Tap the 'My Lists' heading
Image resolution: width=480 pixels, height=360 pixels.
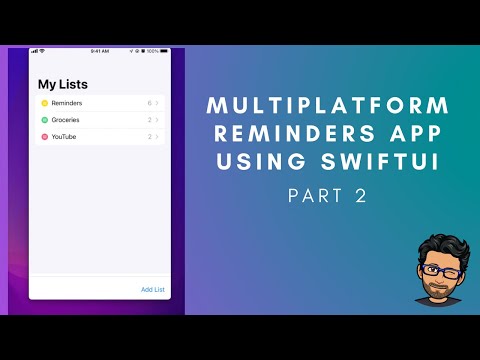coord(62,84)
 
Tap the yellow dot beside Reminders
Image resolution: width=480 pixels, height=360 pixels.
coord(44,103)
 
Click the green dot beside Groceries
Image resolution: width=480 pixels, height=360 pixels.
coord(44,120)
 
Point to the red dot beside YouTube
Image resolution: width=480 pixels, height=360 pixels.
coord(44,136)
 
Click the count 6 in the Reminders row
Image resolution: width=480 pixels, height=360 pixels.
coord(149,103)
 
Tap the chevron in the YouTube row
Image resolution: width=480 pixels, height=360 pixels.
coord(158,136)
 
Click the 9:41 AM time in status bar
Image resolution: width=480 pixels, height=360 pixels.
coord(99,51)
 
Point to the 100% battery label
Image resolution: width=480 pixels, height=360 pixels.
coord(153,51)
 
